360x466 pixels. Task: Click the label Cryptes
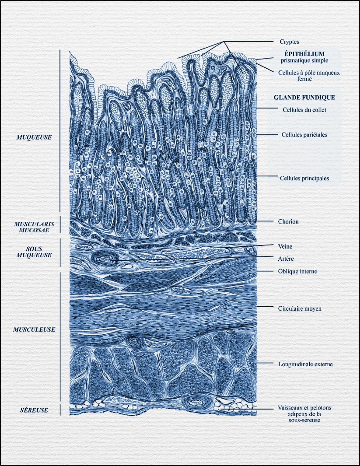pyautogui.click(x=289, y=42)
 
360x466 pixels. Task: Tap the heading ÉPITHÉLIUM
pyautogui.click(x=304, y=54)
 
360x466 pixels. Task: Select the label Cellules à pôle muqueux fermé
pyautogui.click(x=309, y=75)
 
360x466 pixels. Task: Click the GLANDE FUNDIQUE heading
pyautogui.click(x=304, y=97)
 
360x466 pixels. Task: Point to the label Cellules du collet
pyautogui.click(x=304, y=110)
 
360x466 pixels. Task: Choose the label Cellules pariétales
pyautogui.click(x=304, y=135)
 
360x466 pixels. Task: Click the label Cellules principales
pyautogui.click(x=304, y=178)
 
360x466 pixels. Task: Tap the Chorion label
pyautogui.click(x=288, y=222)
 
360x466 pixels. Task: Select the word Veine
pyautogui.click(x=285, y=246)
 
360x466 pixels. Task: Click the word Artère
pyautogui.click(x=286, y=259)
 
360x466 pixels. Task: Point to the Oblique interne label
pyautogui.click(x=297, y=271)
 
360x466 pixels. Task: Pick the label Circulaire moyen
pyautogui.click(x=300, y=308)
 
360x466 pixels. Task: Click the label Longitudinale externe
pyautogui.click(x=305, y=364)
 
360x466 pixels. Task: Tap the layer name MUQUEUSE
pyautogui.click(x=34, y=137)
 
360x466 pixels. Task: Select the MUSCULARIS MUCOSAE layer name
pyautogui.click(x=34, y=227)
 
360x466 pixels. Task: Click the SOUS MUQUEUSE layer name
pyautogui.click(x=34, y=252)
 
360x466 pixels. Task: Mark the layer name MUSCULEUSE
pyautogui.click(x=34, y=330)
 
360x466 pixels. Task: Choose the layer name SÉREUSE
pyautogui.click(x=34, y=410)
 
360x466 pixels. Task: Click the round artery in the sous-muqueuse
pyautogui.click(x=105, y=258)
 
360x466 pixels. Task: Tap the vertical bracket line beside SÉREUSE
pyautogui.click(x=60, y=410)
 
